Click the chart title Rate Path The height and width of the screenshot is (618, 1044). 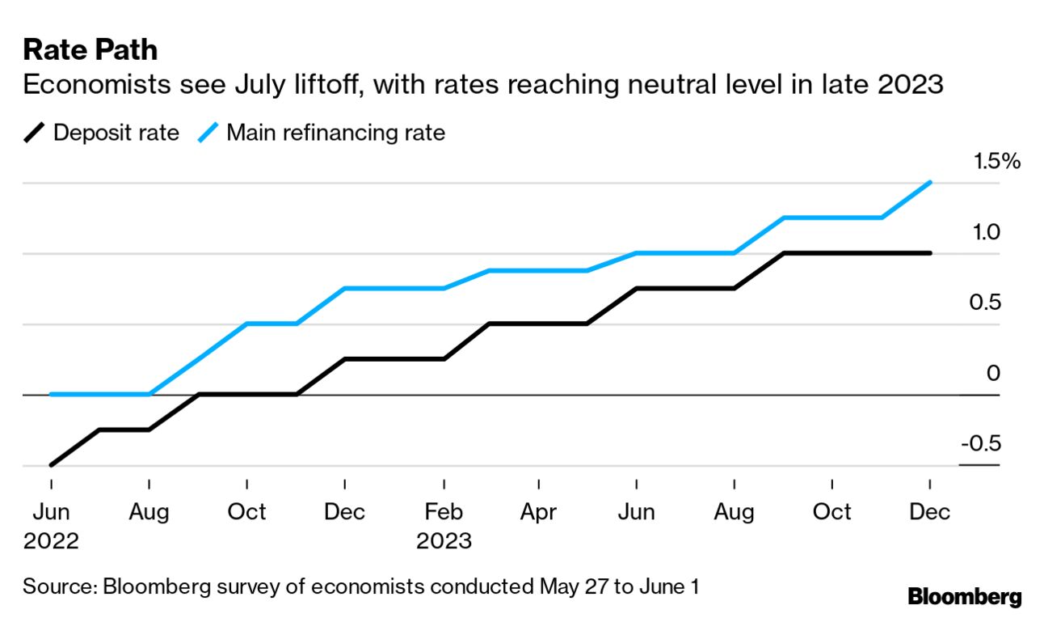(90, 50)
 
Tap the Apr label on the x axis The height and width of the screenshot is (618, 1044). (539, 512)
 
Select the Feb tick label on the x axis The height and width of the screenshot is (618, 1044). (444, 512)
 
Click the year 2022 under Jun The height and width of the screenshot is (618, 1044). (51, 541)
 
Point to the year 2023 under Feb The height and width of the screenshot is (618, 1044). (444, 541)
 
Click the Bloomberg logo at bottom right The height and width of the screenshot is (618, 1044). (964, 598)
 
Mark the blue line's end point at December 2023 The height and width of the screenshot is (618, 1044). (931, 183)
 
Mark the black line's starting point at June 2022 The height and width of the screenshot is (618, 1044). (51, 465)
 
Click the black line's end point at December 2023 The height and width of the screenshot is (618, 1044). (931, 253)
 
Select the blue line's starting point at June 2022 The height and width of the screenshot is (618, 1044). (51, 395)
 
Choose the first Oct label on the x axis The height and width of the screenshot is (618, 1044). (246, 512)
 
